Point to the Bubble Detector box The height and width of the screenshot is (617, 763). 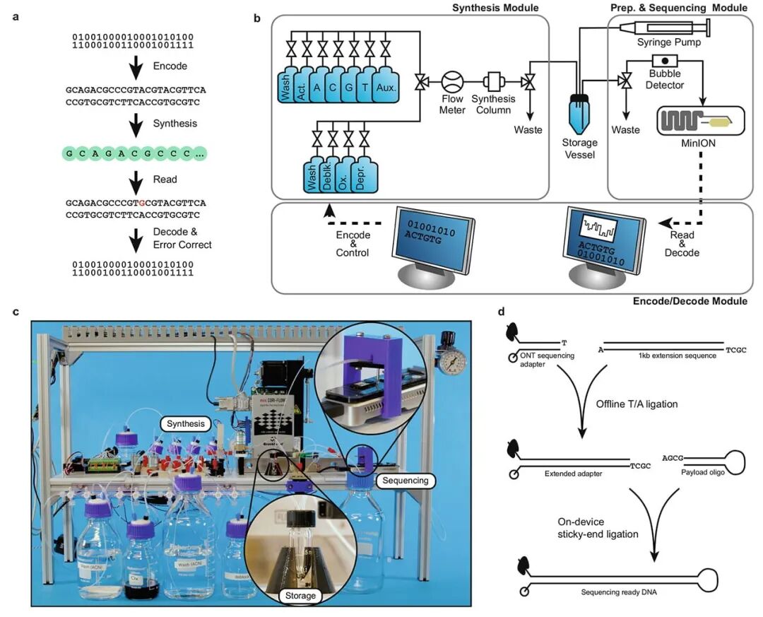pyautogui.click(x=665, y=61)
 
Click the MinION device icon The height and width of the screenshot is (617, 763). pyautogui.click(x=700, y=122)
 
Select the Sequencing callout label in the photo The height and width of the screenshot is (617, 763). pyautogui.click(x=406, y=481)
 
